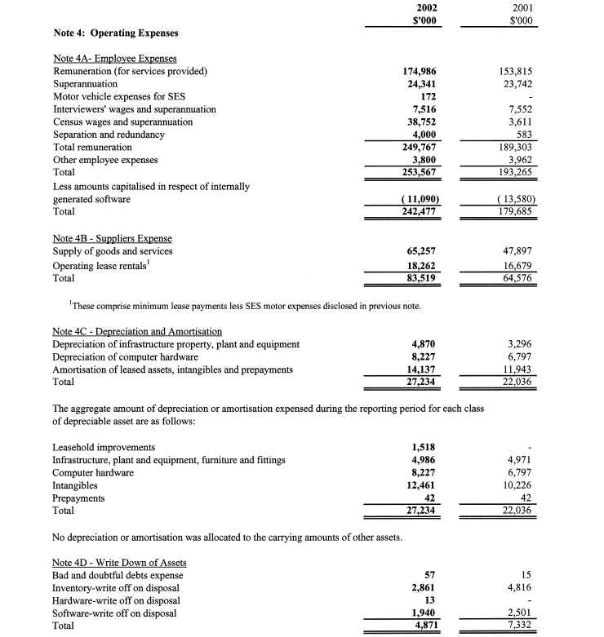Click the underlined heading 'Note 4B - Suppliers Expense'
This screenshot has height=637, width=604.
click(112, 237)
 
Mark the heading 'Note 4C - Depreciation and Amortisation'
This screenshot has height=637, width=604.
click(137, 331)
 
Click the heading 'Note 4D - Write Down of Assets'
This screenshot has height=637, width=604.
click(120, 563)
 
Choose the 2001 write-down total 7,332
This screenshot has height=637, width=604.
click(517, 626)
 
